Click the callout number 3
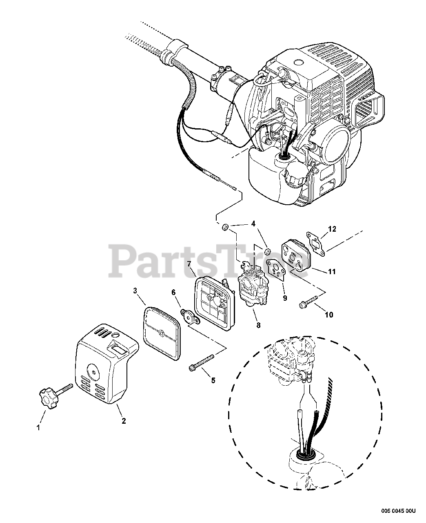[135, 291]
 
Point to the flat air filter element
[162, 334]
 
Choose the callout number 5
[213, 381]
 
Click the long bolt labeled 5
[202, 362]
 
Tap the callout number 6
[173, 292]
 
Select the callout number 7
[189, 264]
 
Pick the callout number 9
[285, 298]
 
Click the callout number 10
[329, 314]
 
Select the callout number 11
[332, 271]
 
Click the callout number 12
[332, 229]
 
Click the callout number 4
[253, 224]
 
